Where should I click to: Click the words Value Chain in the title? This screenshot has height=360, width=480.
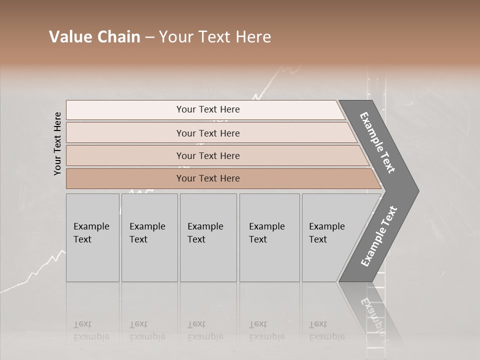(x=94, y=37)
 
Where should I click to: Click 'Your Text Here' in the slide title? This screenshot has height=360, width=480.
(x=215, y=37)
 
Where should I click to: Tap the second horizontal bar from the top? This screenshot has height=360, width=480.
(x=207, y=133)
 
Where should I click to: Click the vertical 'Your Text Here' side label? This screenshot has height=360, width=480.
(x=57, y=143)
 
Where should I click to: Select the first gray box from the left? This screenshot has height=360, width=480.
(x=92, y=237)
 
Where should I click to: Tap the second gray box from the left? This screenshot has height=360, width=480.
(x=149, y=237)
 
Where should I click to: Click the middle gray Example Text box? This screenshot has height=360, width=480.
(x=208, y=237)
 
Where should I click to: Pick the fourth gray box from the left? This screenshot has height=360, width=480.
(x=269, y=237)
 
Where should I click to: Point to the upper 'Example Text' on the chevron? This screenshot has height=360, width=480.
(x=377, y=142)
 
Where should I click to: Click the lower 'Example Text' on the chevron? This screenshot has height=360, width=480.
(x=379, y=236)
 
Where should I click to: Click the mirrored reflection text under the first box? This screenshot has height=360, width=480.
(x=90, y=330)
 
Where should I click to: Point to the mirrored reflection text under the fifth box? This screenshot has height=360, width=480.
(x=327, y=330)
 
